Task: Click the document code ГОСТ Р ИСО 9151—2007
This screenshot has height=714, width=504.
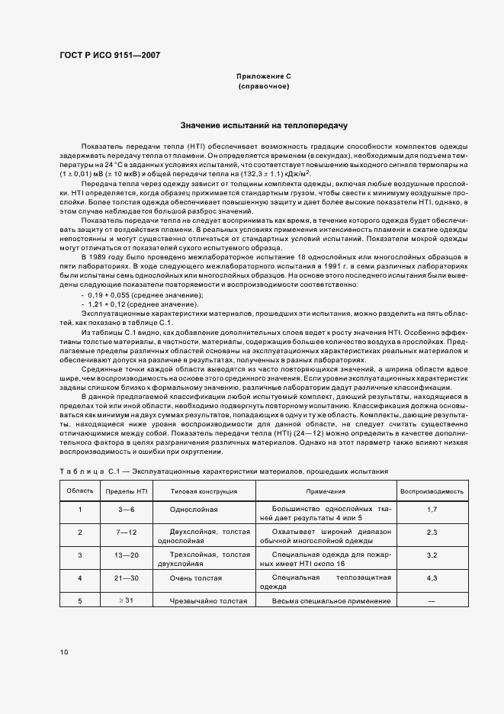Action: (x=110, y=55)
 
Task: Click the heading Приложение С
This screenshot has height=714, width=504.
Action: (x=264, y=77)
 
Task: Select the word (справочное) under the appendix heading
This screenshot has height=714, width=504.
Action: (x=264, y=87)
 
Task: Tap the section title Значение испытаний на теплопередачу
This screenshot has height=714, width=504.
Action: (x=264, y=124)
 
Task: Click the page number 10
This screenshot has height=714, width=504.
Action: (x=64, y=652)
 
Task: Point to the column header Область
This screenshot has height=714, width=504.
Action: (x=81, y=492)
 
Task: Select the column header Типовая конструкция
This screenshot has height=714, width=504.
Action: (x=204, y=492)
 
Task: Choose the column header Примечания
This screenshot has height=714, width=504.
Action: (x=326, y=492)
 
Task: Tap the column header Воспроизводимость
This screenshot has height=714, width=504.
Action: (x=432, y=492)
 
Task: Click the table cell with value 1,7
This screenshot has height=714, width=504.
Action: (x=432, y=509)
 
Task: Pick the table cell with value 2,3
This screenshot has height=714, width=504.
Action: (x=432, y=532)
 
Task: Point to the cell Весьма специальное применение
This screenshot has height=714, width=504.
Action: (x=326, y=601)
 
